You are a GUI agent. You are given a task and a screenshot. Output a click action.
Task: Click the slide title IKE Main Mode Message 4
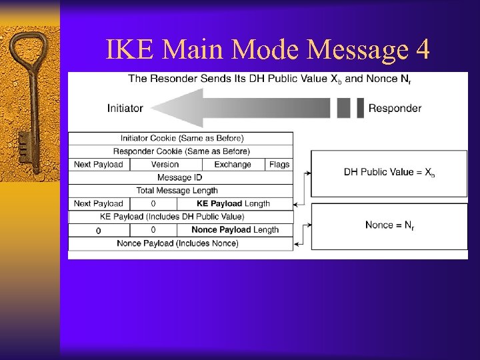[268, 49]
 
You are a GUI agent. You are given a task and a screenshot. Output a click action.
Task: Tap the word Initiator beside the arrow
[125, 108]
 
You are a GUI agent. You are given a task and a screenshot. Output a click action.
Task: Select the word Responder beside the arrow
[395, 108]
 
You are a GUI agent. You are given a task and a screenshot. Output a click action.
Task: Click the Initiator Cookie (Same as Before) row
[181, 138]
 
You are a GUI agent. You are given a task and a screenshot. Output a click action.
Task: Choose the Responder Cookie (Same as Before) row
[181, 151]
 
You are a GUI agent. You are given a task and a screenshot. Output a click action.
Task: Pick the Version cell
[165, 164]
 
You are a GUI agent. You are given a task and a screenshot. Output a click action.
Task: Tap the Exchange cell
[233, 164]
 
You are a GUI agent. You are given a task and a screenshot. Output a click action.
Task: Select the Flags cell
[279, 164]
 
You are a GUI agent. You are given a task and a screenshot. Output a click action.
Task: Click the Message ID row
[180, 177]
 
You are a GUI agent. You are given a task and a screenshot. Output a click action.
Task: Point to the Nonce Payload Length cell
[235, 230]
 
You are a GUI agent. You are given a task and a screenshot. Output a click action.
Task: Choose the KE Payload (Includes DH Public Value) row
[172, 217]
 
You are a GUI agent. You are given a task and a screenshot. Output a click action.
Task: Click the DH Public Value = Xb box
[389, 173]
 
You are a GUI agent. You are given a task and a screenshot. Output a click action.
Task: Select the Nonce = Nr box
[389, 225]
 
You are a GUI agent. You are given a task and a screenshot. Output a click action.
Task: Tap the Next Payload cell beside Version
[99, 164]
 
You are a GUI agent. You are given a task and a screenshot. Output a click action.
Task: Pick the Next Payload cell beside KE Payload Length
[99, 203]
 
